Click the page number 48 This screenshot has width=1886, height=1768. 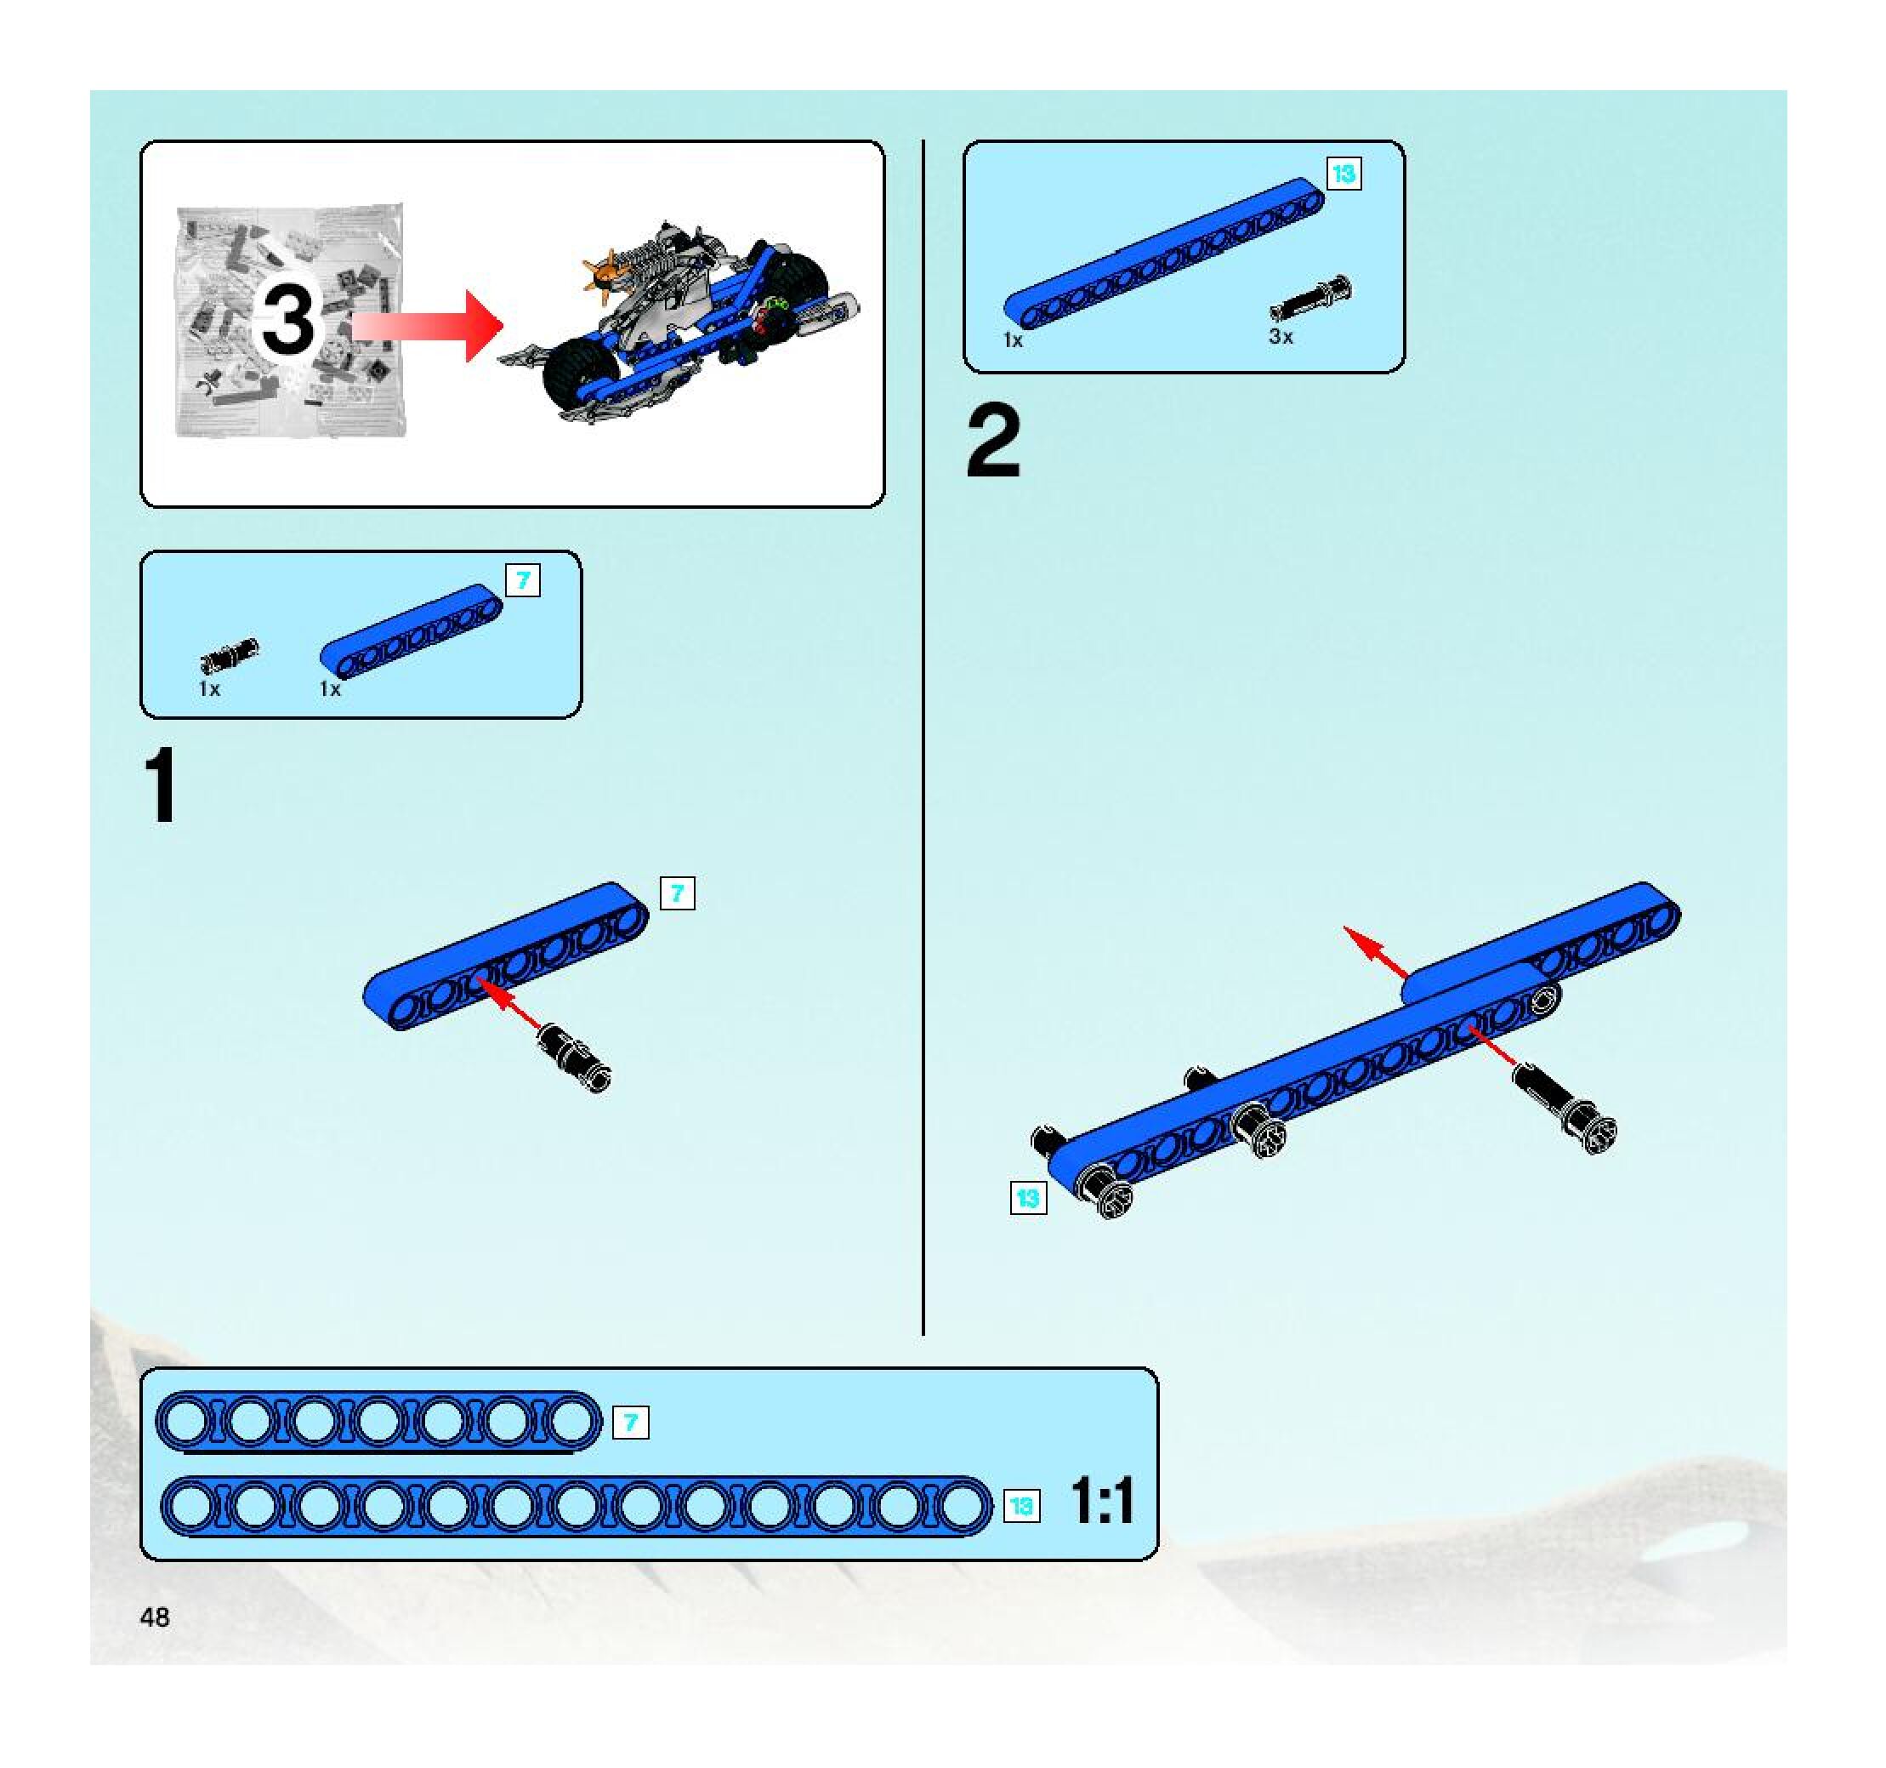click(x=155, y=1617)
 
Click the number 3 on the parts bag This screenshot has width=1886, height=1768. click(x=287, y=320)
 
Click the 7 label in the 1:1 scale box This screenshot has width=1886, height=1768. click(x=631, y=1423)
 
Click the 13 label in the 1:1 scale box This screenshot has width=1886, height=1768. click(x=1020, y=1506)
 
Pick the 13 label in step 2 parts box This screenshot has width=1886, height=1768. click(x=1343, y=174)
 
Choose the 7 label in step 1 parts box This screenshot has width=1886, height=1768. click(x=523, y=580)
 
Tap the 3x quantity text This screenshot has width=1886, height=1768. click(x=1281, y=337)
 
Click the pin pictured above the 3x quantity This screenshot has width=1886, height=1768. click(x=1312, y=299)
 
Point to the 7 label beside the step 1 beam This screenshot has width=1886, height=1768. click(x=678, y=893)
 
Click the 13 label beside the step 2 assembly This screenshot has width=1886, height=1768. click(x=1028, y=1198)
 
